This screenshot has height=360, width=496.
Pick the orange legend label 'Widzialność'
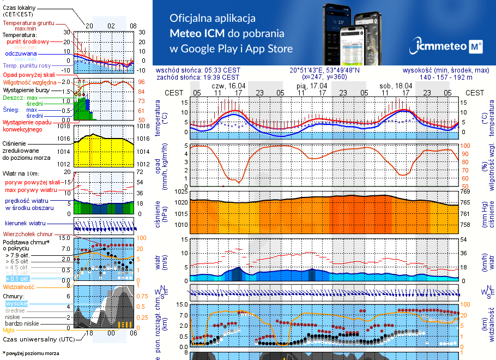pyautogui.click(x=19, y=286)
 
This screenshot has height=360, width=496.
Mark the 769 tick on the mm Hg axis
pyautogui.click(x=465, y=192)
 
